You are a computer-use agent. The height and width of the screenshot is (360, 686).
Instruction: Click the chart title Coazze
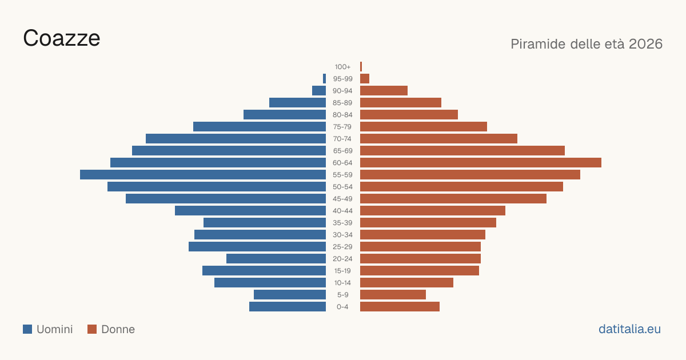[x=62, y=38]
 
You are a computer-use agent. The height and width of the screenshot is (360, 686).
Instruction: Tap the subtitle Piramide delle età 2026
[x=587, y=44]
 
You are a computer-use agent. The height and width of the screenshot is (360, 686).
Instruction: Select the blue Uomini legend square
[x=27, y=329]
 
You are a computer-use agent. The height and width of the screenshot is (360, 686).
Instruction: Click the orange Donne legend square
[x=92, y=329]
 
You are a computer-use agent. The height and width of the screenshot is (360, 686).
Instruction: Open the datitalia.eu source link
[x=629, y=329]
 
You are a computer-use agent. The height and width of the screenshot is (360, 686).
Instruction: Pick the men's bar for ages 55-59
[x=203, y=174]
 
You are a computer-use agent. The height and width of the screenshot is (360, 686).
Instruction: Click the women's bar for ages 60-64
[x=481, y=162]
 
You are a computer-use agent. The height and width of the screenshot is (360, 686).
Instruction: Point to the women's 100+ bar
[x=361, y=66]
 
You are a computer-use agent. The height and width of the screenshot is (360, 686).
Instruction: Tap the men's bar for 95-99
[x=324, y=78]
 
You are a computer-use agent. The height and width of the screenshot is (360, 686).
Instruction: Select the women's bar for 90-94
[x=384, y=91]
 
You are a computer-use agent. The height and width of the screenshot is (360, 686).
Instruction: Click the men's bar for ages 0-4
[x=288, y=306]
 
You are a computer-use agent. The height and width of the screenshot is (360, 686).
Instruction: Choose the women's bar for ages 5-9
[x=393, y=294]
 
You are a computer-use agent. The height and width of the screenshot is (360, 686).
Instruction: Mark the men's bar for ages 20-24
[x=276, y=259]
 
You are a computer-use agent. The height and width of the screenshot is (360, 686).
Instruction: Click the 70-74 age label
[x=342, y=139]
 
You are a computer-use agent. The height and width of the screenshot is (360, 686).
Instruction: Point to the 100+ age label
[x=342, y=67]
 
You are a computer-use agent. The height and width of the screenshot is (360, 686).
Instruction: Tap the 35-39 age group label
[x=342, y=222]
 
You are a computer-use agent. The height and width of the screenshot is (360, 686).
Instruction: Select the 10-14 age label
[x=342, y=282]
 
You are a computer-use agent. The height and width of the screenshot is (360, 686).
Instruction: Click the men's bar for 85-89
[x=297, y=102]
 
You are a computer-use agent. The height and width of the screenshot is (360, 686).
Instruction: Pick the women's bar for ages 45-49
[x=453, y=199]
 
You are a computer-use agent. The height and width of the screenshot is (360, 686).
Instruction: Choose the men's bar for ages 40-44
[x=250, y=211]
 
